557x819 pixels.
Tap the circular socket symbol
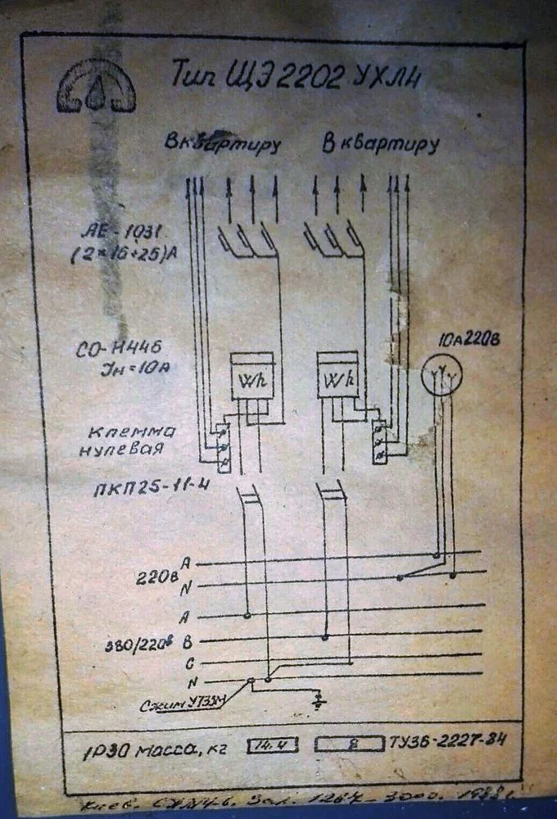coord(442,376)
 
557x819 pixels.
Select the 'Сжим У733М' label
coord(173,703)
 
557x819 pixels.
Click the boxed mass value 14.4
coord(272,746)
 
